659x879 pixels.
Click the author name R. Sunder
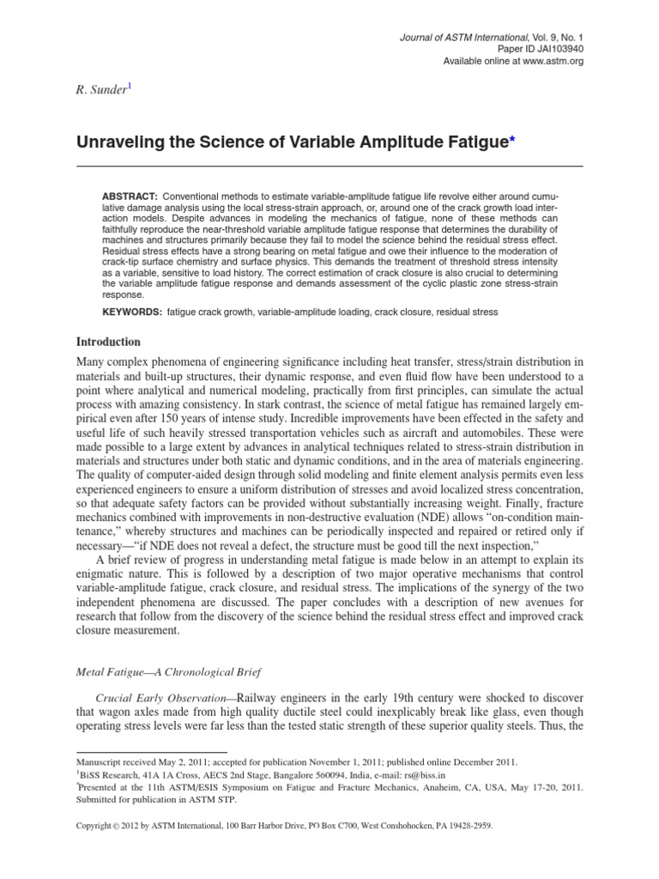click(100, 90)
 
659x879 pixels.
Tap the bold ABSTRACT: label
click(129, 197)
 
